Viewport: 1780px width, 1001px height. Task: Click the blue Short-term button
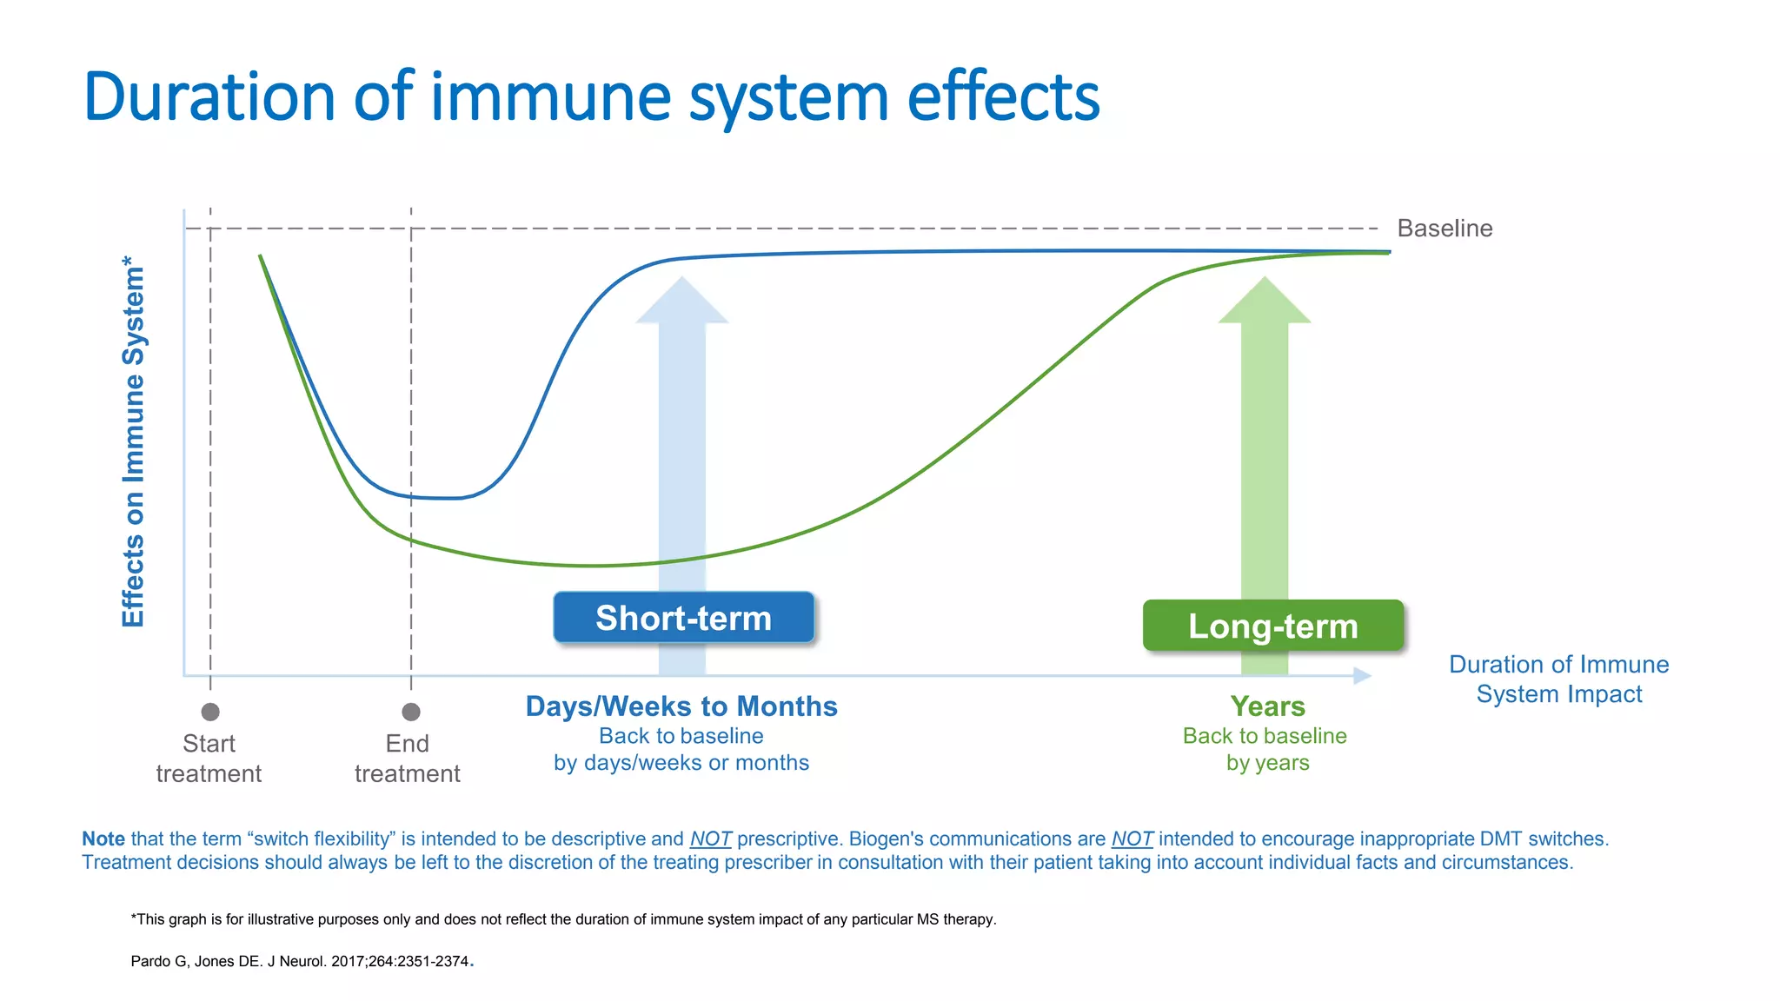coord(683,618)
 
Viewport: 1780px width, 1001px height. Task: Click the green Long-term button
coord(1272,626)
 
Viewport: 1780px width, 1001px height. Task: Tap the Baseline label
coord(1444,229)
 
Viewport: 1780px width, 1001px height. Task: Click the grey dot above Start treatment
coord(210,712)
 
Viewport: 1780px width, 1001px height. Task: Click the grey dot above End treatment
coord(411,712)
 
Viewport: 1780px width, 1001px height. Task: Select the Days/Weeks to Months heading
coord(681,706)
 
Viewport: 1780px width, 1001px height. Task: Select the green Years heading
coord(1267,706)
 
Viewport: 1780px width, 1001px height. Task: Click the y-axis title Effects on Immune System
coord(133,441)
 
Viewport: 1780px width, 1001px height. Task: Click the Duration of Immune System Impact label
coord(1558,679)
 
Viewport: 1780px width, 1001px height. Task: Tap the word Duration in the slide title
coord(209,97)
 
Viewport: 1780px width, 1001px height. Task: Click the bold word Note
coord(103,839)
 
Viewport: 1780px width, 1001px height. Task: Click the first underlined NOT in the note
coord(710,839)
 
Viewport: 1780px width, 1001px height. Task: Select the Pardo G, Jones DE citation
coord(301,961)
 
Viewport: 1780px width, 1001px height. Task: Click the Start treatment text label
coord(209,759)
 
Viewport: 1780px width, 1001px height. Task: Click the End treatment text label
coord(408,759)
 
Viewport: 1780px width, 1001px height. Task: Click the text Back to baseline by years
coord(1265,749)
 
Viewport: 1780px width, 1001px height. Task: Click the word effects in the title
coord(1003,97)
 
